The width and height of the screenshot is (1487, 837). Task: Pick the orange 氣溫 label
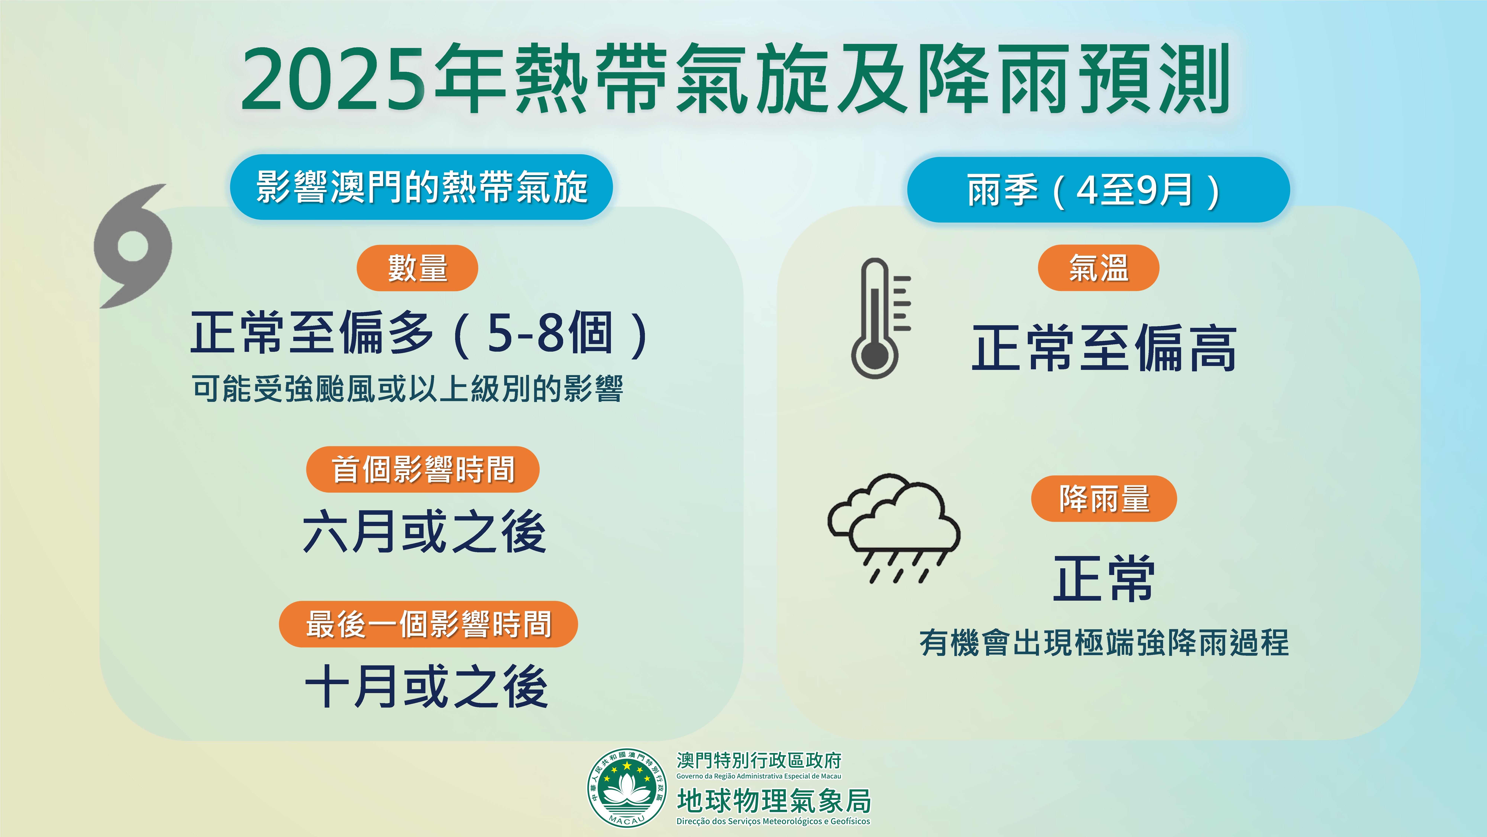(x=1098, y=268)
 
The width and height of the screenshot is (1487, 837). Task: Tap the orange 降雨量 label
(x=1104, y=499)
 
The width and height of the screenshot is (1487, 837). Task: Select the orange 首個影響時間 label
(x=423, y=469)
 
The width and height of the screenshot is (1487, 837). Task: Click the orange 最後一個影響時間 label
(x=428, y=624)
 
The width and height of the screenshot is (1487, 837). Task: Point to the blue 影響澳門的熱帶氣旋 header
(x=421, y=187)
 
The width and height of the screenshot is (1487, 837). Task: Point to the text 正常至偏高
(x=1104, y=348)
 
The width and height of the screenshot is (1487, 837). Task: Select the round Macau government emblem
(x=626, y=788)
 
